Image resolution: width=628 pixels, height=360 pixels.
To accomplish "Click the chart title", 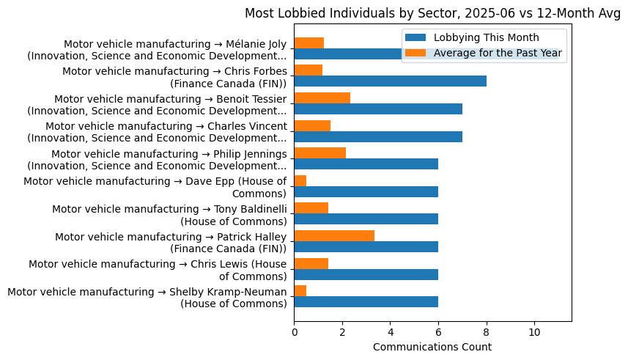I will [432, 13].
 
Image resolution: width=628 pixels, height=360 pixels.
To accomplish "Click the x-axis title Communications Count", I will [432, 347].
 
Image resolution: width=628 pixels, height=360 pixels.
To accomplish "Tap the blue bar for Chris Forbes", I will [390, 81].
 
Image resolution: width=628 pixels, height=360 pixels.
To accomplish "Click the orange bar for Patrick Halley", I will [334, 235].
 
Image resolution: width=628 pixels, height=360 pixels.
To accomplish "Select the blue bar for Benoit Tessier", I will [378, 109].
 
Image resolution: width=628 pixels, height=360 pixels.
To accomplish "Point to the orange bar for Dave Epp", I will [300, 180].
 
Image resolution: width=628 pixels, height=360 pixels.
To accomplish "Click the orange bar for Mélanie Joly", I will [309, 43].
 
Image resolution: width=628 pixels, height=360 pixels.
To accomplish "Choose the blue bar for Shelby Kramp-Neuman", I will [366, 301].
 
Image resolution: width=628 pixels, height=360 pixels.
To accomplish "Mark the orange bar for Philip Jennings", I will [319, 153].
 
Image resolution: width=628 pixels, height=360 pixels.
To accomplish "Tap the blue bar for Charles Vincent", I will [378, 136].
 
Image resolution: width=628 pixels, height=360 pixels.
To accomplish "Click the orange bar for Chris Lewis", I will [311, 263].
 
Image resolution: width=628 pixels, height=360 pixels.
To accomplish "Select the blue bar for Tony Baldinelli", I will [366, 218].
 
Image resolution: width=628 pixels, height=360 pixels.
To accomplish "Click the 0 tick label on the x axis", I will [294, 332].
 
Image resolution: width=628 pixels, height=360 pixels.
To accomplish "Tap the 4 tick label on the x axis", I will [390, 332].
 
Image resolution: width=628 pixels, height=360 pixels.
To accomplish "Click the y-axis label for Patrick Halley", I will [171, 243].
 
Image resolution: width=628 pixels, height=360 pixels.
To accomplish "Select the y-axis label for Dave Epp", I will [155, 188].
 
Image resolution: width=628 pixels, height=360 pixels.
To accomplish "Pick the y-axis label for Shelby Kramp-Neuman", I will [147, 298].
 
